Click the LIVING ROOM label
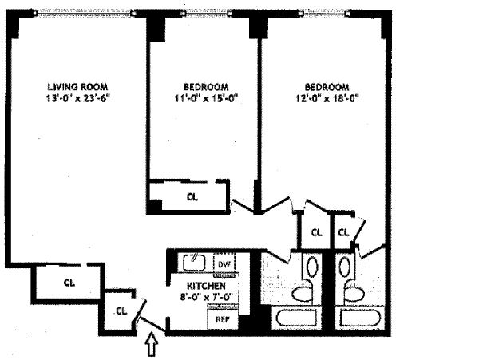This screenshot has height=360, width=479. [x=77, y=86]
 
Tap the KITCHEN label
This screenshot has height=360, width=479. [x=206, y=286]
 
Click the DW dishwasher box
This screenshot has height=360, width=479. [x=224, y=264]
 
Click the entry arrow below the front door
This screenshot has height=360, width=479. [x=153, y=345]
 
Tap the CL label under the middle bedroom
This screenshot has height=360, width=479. [x=192, y=196]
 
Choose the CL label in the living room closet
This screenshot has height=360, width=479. [x=69, y=281]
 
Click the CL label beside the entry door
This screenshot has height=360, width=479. [x=121, y=311]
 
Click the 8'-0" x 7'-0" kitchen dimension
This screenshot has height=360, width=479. [x=206, y=297]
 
